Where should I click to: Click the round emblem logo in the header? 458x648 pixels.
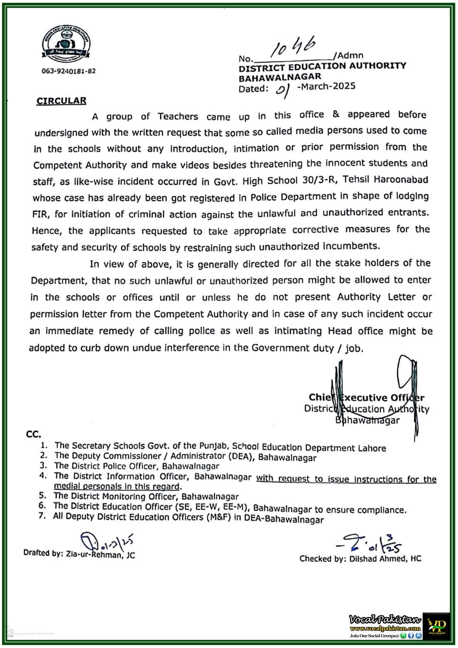click(x=66, y=43)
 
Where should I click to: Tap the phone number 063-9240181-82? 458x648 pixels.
click(x=69, y=71)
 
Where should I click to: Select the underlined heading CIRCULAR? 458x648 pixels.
click(x=61, y=101)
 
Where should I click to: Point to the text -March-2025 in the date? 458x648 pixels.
click(x=326, y=86)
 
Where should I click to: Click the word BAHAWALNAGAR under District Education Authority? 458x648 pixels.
click(x=280, y=77)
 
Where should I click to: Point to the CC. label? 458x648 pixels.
click(x=33, y=434)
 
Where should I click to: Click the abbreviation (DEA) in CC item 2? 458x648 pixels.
click(x=240, y=456)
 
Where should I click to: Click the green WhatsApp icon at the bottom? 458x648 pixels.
click(x=403, y=636)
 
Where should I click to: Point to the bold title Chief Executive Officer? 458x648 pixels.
click(x=366, y=397)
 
